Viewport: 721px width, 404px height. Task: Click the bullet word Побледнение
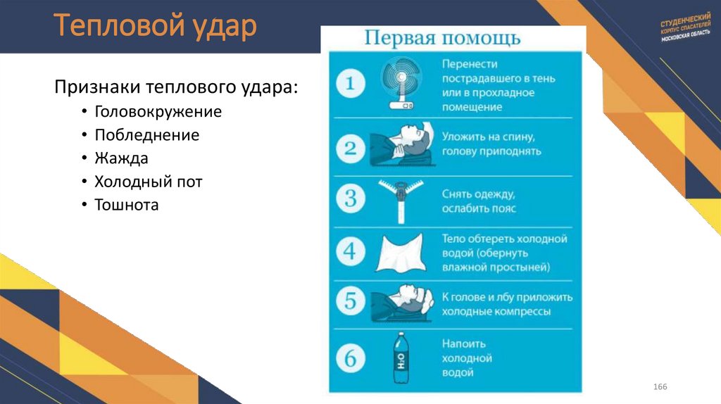click(146, 135)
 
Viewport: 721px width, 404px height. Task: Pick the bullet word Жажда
click(121, 158)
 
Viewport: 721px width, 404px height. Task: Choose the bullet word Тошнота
click(127, 205)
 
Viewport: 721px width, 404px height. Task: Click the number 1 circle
click(351, 84)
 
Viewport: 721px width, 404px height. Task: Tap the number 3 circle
click(351, 198)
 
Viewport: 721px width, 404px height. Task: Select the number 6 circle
click(351, 360)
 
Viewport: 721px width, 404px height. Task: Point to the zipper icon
click(399, 197)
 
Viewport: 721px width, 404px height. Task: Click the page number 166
click(660, 389)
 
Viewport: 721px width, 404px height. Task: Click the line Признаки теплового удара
click(176, 87)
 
